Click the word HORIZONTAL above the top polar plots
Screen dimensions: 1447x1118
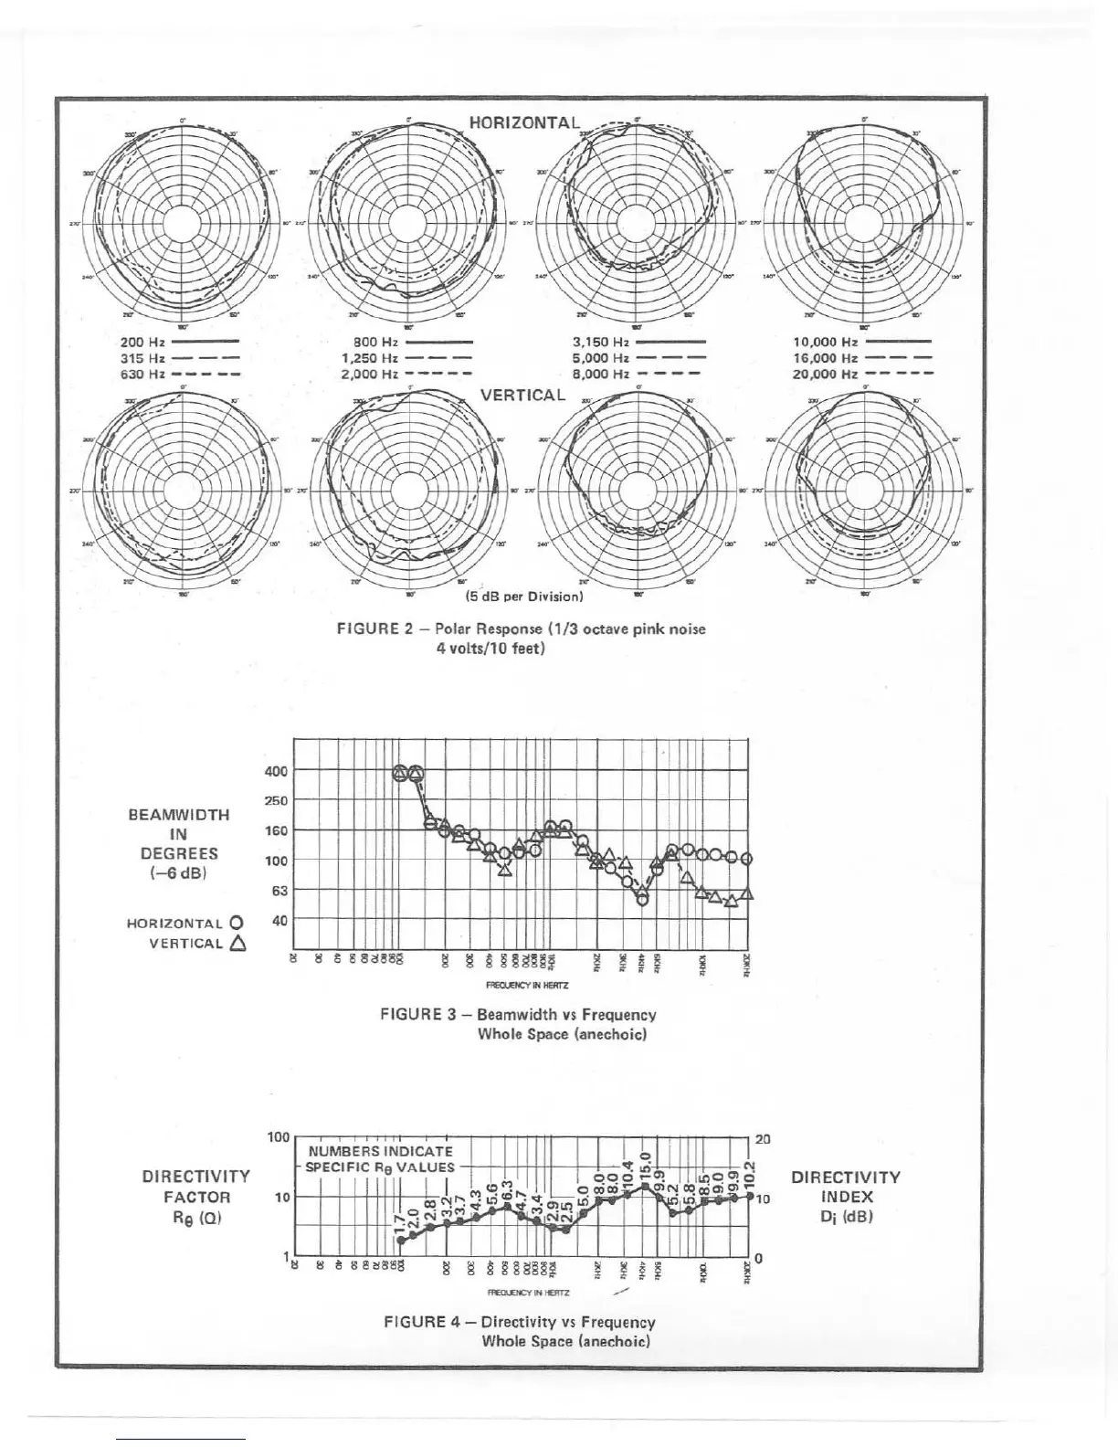point(524,122)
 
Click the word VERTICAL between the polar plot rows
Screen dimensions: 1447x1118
point(522,395)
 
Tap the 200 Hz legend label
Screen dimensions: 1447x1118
point(142,343)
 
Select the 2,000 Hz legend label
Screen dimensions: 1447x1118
point(370,374)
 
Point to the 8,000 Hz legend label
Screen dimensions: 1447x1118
point(600,374)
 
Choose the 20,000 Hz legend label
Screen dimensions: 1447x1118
point(825,374)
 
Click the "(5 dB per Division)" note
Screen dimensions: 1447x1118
point(523,597)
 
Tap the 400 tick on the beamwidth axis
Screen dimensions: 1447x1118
point(277,771)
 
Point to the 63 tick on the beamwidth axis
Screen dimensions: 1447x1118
point(279,891)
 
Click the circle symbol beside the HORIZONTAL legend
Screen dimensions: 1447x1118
point(237,923)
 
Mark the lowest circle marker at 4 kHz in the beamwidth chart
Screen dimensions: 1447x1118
point(642,900)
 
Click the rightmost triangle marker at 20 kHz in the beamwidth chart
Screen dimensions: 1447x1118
point(747,892)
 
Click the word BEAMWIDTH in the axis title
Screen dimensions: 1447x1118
point(179,815)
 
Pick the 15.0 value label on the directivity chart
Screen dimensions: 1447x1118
point(645,1165)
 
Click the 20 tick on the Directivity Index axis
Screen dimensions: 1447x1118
point(763,1139)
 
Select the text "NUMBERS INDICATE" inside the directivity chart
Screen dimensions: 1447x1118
point(381,1151)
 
